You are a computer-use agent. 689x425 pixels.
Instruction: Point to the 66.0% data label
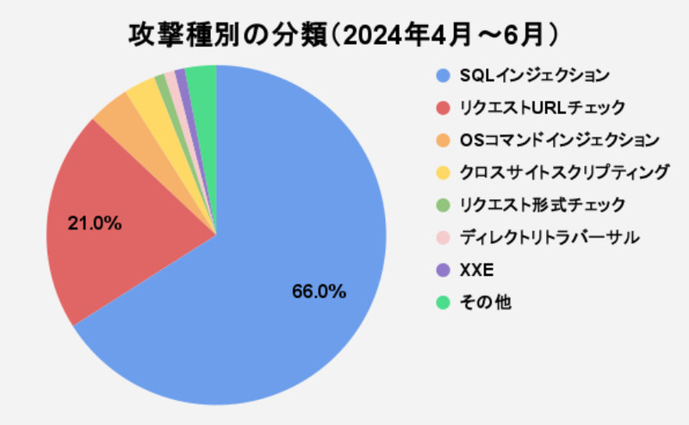pos(319,291)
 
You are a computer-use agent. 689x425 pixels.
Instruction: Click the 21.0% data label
pos(95,223)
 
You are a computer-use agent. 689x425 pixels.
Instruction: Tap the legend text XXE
pos(476,270)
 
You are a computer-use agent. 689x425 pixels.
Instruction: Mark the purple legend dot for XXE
pos(443,270)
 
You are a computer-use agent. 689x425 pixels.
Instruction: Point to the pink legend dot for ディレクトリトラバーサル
pos(443,237)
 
